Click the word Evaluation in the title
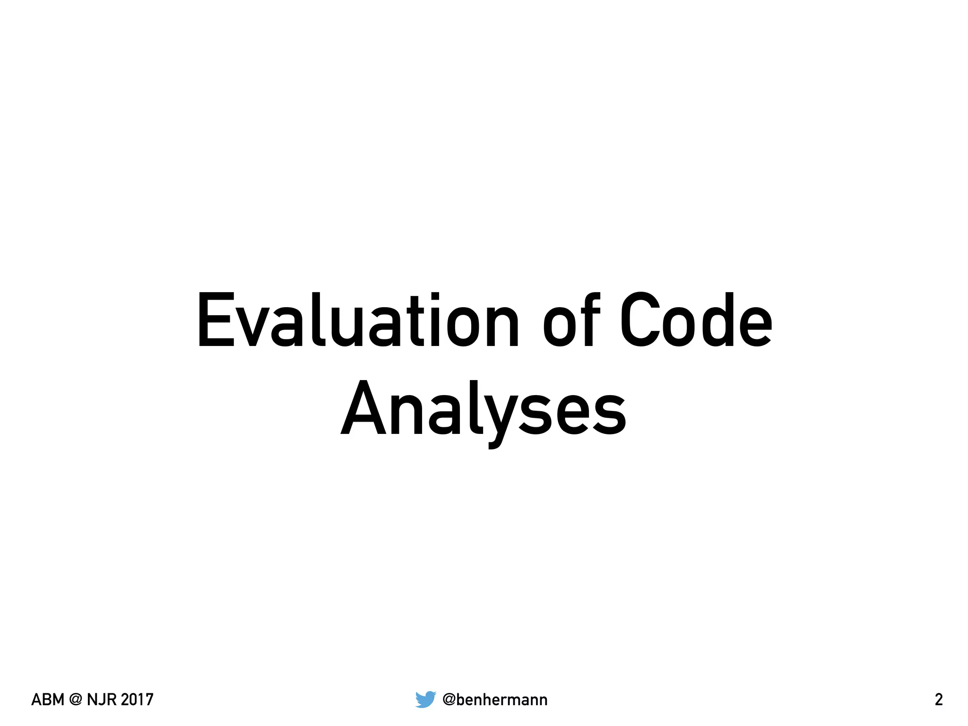point(358,320)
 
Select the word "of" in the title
point(571,320)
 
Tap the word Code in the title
point(696,320)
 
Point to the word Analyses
point(484,409)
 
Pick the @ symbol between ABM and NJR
point(76,700)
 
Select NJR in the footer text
point(101,700)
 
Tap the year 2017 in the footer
point(137,700)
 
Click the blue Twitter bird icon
point(425,699)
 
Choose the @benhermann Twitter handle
point(495,700)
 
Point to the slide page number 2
point(939,700)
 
